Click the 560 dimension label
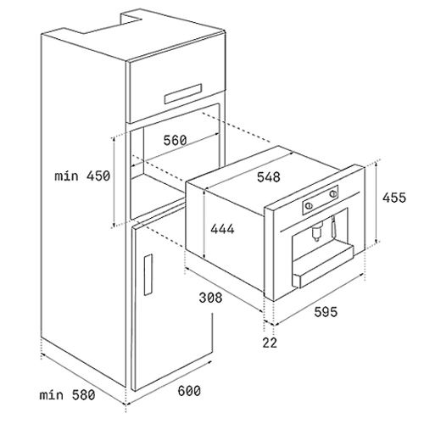click(x=176, y=140)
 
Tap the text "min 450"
click(x=82, y=176)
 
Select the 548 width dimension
click(x=269, y=177)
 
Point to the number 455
click(x=394, y=198)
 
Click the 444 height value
click(x=222, y=229)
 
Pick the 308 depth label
click(x=210, y=298)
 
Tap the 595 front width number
click(x=326, y=312)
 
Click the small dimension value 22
click(x=270, y=343)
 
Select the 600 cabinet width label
click(x=189, y=391)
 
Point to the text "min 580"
click(x=67, y=395)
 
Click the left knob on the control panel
click(x=309, y=206)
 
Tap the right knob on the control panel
click(x=333, y=193)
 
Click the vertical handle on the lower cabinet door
click(x=148, y=275)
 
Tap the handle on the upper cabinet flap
click(x=183, y=93)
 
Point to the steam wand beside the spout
click(x=333, y=226)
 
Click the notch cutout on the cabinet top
click(x=131, y=20)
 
